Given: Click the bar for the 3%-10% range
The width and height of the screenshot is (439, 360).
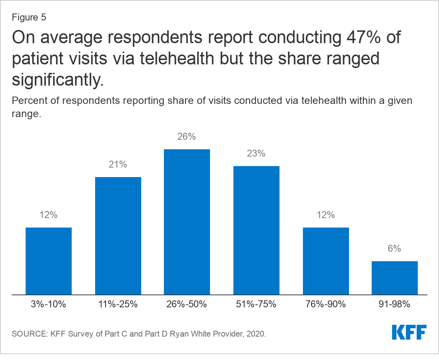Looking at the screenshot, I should coord(49,261).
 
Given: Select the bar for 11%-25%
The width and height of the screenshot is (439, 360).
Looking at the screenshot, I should coord(118,236).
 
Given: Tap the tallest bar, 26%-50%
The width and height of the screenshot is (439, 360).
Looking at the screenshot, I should coord(187,222).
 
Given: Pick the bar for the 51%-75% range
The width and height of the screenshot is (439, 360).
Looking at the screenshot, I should coord(256,230).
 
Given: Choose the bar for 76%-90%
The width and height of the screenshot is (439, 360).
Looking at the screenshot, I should coord(326,261).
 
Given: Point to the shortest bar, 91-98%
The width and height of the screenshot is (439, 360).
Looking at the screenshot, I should coord(395,278).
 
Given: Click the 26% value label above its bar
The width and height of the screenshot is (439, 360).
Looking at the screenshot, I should coord(187,137).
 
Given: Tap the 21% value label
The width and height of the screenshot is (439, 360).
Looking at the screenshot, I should coord(118,165).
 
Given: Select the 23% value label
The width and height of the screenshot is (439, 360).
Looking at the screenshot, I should coord(256,154).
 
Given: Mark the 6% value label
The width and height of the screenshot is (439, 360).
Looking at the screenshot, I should coord(395,249).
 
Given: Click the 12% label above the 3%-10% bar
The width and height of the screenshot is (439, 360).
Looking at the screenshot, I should coord(49,215).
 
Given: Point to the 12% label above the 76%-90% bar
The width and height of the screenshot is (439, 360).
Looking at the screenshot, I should coord(326,215).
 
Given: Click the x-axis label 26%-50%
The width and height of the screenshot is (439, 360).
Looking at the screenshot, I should coord(187,304).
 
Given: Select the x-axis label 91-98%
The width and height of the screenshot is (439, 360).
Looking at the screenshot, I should coord(395,304).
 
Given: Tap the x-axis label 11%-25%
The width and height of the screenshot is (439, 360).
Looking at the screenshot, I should coord(118,304).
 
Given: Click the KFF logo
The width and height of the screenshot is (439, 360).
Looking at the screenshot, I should coord(409,332).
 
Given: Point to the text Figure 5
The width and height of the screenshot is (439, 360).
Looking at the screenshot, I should coord(29,18).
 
